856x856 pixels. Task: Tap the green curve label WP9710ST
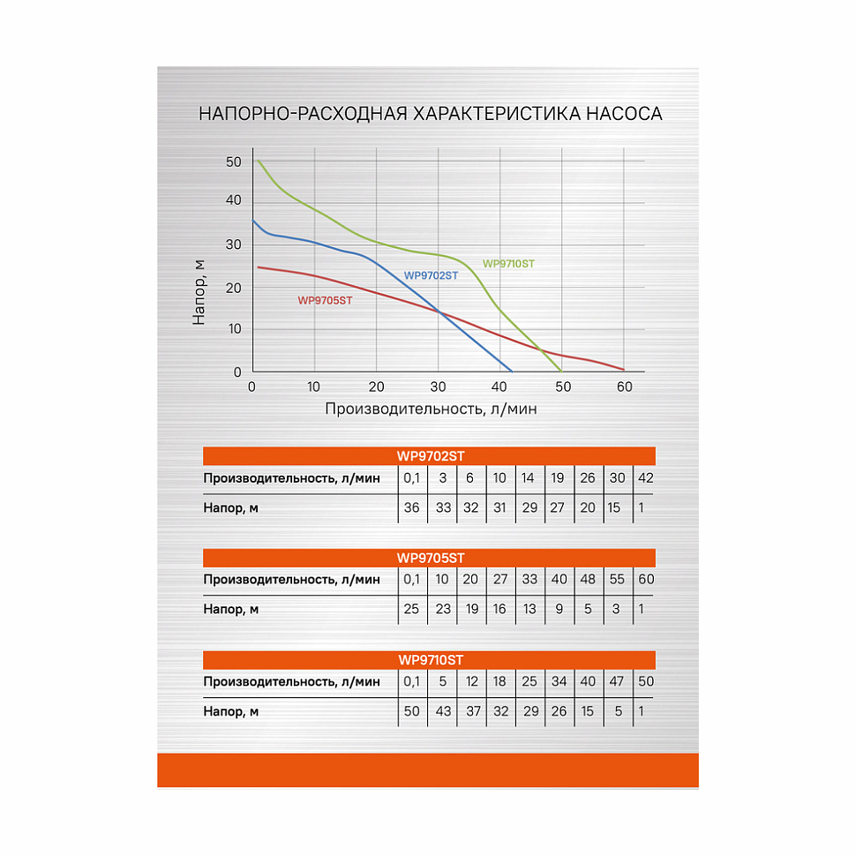[x=508, y=264]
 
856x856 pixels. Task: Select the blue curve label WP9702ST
[x=432, y=275]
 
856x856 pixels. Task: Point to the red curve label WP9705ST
[x=325, y=300]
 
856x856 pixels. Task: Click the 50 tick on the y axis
[x=233, y=161]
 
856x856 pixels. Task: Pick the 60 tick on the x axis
[x=625, y=387]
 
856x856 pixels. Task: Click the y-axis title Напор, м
[x=199, y=291]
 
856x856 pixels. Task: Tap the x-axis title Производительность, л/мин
[x=431, y=409]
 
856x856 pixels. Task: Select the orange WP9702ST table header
[x=430, y=455]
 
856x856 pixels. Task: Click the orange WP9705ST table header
[x=430, y=558]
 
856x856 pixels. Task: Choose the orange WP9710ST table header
[x=430, y=659]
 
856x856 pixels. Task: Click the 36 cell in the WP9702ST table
[x=412, y=507]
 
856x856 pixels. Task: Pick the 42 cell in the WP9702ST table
[x=646, y=477]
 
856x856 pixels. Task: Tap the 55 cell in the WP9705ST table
[x=617, y=579]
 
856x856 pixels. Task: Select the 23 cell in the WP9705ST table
[x=442, y=609]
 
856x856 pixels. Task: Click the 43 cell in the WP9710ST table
[x=442, y=711]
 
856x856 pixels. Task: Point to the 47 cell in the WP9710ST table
[x=617, y=681]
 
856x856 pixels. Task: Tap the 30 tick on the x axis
[x=438, y=387]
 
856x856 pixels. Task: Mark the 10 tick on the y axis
[x=236, y=329]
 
